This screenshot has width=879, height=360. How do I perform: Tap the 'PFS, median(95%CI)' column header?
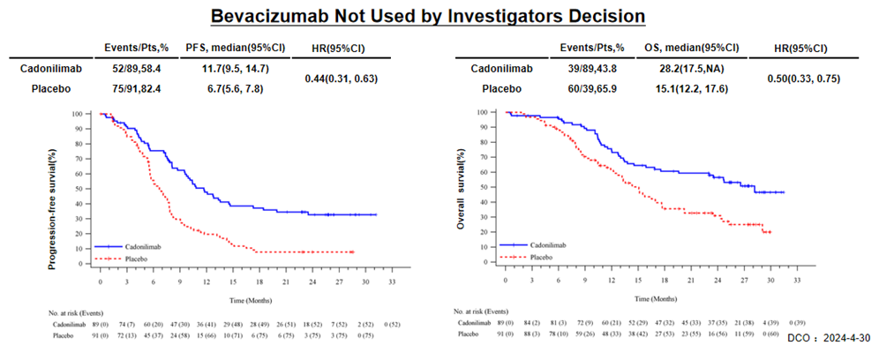click(x=229, y=46)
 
